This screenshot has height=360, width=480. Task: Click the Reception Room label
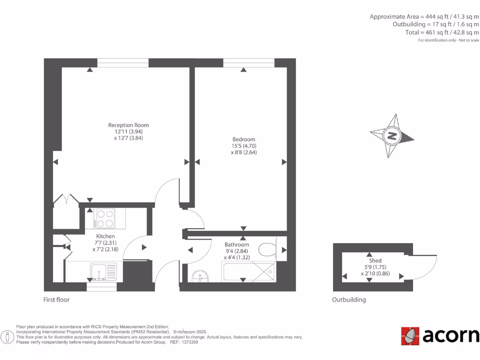[x=128, y=125]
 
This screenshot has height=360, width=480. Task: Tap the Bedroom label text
[x=244, y=139]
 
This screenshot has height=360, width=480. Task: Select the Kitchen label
[x=105, y=236]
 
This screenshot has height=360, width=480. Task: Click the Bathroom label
[x=237, y=245]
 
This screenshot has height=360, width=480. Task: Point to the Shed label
[x=375, y=260]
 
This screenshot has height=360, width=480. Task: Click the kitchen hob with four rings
[x=105, y=218]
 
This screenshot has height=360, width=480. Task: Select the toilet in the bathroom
[x=267, y=249]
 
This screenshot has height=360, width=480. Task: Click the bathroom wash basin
[x=200, y=276]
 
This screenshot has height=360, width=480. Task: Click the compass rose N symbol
[x=391, y=136]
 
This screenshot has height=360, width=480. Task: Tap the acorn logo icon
[x=410, y=336]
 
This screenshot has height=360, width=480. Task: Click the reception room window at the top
[x=123, y=63]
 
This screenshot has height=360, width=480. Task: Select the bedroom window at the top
[x=249, y=63]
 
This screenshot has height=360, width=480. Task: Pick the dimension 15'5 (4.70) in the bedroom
[x=244, y=146]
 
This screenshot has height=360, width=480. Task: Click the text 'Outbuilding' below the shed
[x=349, y=300]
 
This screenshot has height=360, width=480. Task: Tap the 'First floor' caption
[x=56, y=300]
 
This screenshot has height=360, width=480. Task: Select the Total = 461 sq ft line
[x=442, y=32]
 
